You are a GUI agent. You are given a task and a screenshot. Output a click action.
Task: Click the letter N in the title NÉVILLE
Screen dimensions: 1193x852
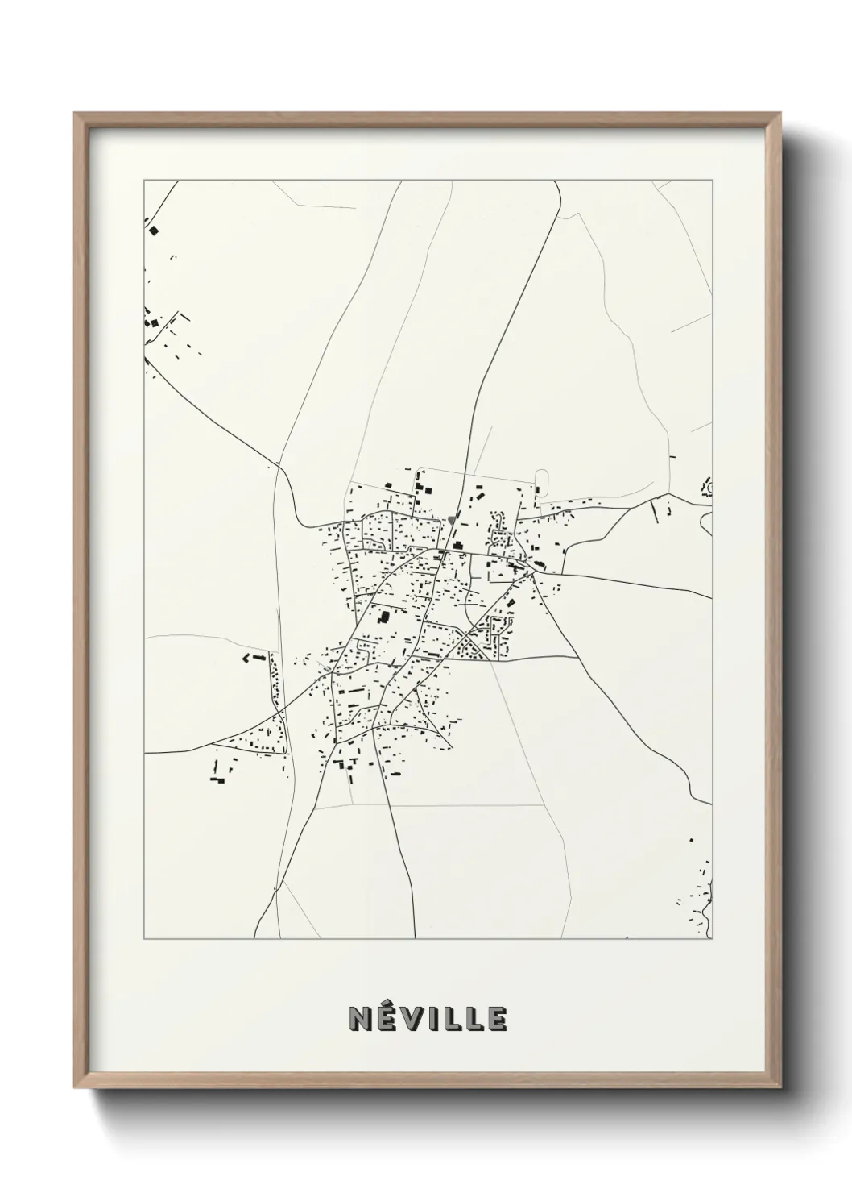(360, 1019)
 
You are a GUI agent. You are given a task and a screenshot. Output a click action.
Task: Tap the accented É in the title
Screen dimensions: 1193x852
(386, 1017)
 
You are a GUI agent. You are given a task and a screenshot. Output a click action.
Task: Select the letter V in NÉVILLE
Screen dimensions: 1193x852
(412, 1019)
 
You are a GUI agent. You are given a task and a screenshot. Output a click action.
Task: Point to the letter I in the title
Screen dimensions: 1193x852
(431, 1019)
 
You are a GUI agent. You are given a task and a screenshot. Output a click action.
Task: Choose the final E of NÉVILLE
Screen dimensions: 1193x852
(496, 1019)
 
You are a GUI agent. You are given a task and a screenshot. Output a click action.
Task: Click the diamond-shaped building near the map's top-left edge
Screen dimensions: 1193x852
(154, 231)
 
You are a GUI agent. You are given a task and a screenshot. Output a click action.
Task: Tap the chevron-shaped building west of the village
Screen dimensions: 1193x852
(247, 659)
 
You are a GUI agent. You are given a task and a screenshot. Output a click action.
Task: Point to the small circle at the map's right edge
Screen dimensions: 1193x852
(708, 486)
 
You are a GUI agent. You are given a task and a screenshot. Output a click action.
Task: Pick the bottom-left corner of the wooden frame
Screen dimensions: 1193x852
(76, 1087)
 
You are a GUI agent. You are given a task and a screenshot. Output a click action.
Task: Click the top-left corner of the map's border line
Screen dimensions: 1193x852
(144, 181)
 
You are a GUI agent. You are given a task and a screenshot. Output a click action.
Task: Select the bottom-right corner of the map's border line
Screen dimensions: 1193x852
(713, 939)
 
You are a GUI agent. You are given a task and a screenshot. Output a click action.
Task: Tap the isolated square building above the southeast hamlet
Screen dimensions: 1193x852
(691, 840)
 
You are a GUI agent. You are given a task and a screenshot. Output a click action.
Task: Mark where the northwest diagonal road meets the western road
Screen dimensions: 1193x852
(278, 465)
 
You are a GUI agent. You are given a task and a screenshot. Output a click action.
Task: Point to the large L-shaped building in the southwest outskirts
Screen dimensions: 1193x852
(216, 779)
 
